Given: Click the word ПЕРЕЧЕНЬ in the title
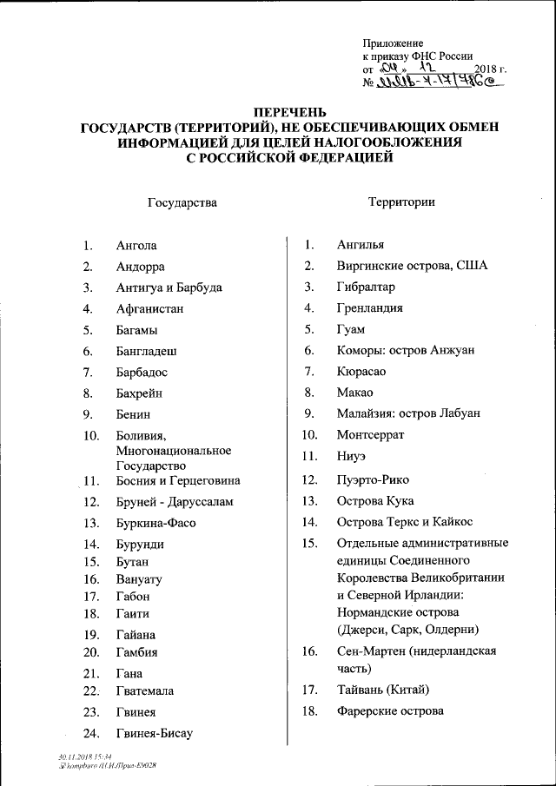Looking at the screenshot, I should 290,112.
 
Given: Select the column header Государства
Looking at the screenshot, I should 182,202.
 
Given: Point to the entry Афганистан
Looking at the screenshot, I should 149,309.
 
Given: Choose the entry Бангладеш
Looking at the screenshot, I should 147,351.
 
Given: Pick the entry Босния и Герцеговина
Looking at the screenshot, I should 178,480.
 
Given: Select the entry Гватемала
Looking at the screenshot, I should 145,690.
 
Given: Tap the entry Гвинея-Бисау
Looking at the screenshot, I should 154,733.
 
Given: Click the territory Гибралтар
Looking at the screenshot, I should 366,287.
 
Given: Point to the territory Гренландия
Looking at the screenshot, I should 369,308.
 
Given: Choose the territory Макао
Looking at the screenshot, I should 354,393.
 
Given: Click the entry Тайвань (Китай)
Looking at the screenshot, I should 383,690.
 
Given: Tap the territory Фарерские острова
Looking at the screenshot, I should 390,711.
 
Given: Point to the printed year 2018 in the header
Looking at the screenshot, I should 488,69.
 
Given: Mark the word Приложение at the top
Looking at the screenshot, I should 393,43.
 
